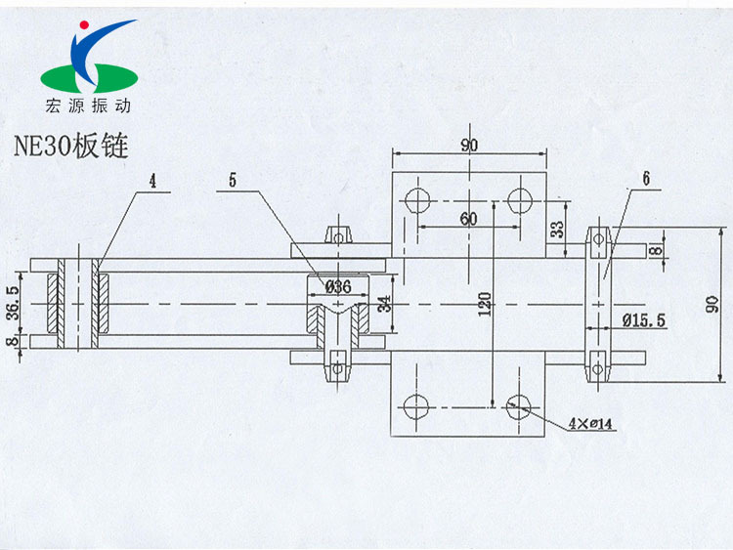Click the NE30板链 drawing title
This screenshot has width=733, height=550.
(x=70, y=146)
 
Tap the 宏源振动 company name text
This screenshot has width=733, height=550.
(x=88, y=105)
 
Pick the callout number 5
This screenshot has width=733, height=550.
(x=233, y=180)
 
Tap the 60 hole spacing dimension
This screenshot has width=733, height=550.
(x=468, y=219)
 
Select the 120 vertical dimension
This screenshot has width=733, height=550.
(x=484, y=307)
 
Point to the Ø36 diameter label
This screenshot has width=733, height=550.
(x=337, y=287)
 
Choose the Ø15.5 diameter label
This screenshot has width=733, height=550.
(x=643, y=319)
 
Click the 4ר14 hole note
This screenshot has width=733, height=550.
(x=592, y=423)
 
